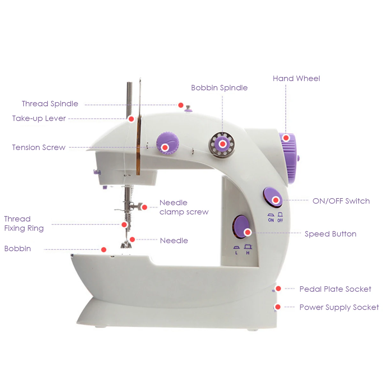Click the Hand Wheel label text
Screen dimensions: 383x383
296,79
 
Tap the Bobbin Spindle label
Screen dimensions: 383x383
219,88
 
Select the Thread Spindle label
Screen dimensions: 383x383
50,104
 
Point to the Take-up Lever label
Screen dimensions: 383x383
39,118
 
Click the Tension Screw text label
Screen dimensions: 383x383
39,147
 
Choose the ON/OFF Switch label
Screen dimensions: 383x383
341,201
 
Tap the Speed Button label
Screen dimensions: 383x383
330,234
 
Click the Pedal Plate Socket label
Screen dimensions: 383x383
335,289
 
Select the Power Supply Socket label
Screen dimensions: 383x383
339,307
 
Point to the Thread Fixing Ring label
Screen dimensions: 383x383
24,223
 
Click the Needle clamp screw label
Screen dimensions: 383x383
184,207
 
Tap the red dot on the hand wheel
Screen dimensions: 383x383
286,138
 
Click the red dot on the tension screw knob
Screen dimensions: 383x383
165,147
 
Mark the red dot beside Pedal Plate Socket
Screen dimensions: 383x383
278,289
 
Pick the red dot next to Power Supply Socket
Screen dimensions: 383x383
278,307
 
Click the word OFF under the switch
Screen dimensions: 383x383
280,220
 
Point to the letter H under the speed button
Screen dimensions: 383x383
248,253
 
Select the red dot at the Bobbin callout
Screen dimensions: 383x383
103,250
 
